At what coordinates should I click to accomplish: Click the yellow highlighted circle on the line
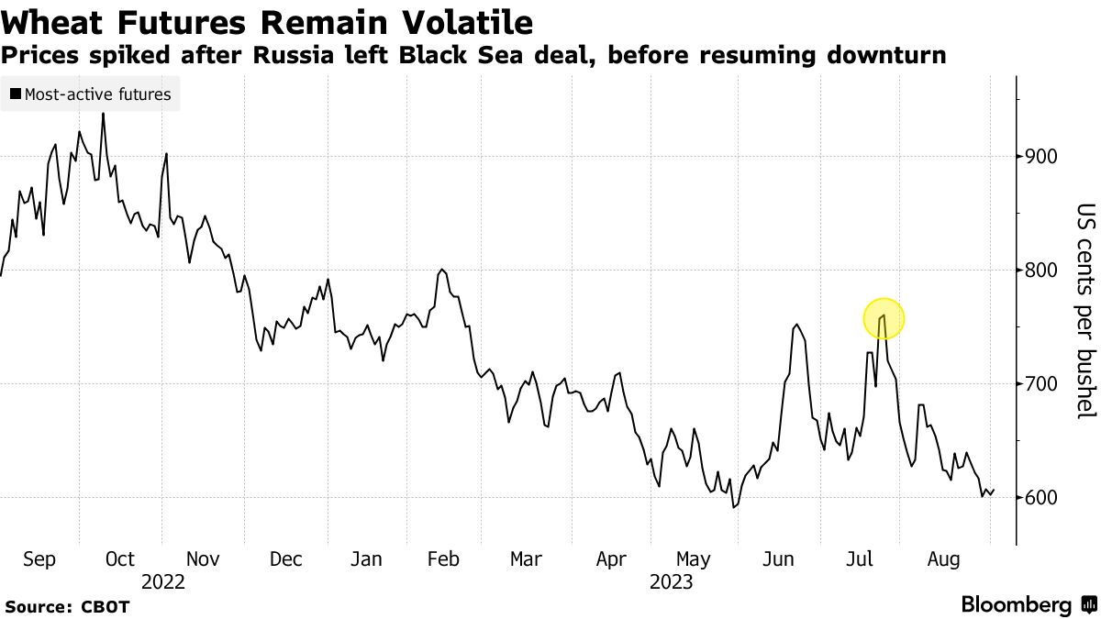884,319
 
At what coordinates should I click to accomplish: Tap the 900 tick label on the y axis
1041,157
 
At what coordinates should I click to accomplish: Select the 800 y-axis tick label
1041,271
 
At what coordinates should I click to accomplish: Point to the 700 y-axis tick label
1041,384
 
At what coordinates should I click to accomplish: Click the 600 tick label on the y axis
1041,498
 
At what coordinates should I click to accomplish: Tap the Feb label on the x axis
444,558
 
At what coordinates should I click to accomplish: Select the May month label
693,558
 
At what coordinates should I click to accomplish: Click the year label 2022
162,581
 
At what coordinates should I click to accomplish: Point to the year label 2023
671,581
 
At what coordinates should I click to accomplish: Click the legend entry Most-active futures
97,94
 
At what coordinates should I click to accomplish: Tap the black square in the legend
16,94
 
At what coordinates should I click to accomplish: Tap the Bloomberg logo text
1016,605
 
